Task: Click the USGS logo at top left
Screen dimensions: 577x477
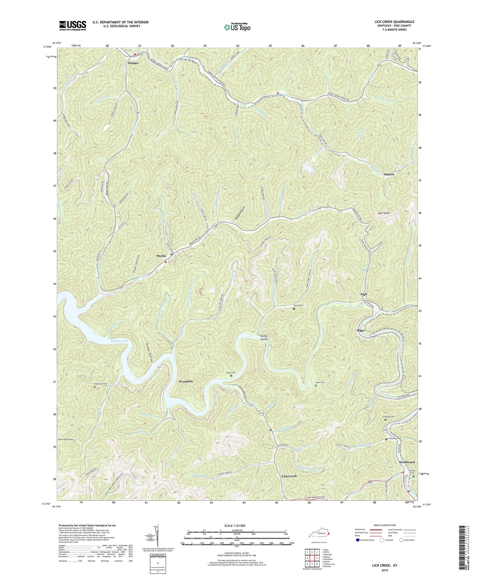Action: coord(73,25)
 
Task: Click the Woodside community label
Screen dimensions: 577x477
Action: coord(186,381)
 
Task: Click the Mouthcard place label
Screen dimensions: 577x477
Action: coord(407,462)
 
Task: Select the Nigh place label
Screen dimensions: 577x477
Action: coord(363,294)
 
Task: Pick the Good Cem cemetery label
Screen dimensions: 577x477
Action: coord(231,372)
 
